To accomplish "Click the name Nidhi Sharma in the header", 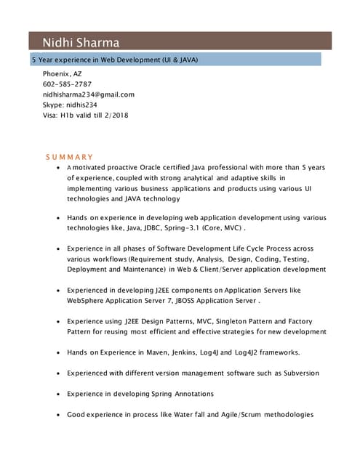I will point(80,42).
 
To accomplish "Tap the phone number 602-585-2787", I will point(67,84).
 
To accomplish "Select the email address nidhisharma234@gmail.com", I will point(89,94).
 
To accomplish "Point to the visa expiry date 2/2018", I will point(116,115).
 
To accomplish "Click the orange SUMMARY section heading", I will point(70,157).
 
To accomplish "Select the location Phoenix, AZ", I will point(63,74).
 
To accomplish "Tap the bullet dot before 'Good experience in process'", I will point(58,415).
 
